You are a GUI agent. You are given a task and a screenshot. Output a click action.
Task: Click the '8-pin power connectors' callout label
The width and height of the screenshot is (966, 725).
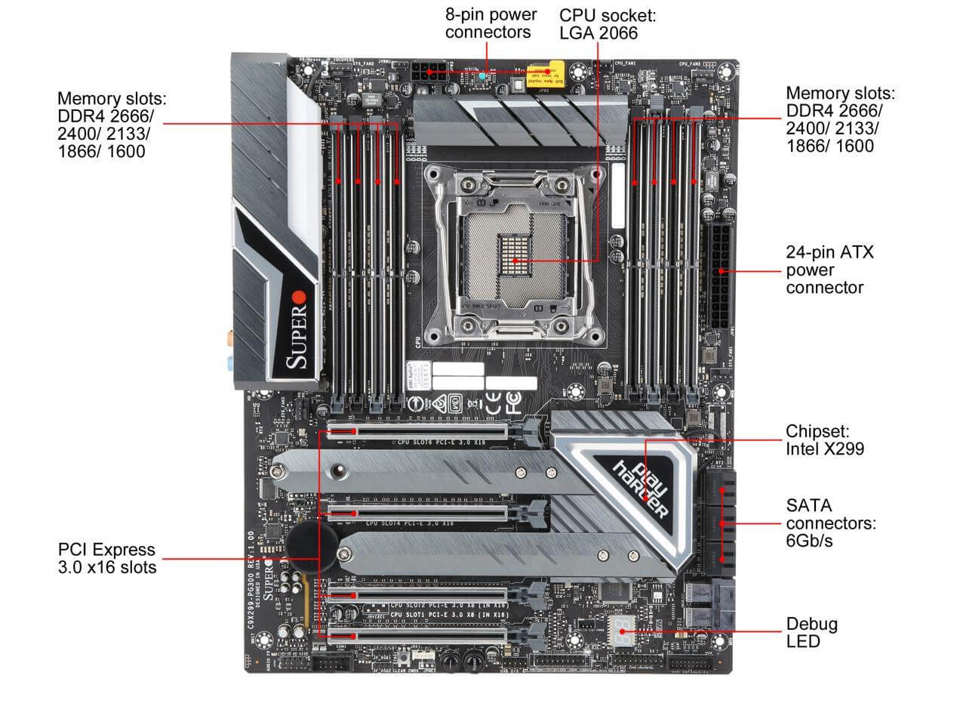491,23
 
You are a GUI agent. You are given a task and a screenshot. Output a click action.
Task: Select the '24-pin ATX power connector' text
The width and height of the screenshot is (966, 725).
829,270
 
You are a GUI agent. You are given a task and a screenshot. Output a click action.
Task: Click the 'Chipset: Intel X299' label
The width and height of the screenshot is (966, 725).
824,440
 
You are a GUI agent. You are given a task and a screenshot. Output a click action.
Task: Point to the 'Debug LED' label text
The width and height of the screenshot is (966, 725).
811,632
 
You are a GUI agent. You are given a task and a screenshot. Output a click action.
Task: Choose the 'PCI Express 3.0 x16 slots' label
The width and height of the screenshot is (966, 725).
107,558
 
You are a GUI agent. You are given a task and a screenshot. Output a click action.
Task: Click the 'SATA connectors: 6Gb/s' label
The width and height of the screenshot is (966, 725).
830,523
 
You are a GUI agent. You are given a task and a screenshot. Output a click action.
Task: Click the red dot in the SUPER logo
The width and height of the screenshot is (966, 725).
300,296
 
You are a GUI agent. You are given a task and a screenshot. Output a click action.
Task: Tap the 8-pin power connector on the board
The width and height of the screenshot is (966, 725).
428,73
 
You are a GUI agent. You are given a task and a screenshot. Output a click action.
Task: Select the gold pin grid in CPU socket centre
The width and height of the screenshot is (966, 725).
514,257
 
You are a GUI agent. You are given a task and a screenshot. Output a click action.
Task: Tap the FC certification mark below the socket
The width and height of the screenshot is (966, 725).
514,404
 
